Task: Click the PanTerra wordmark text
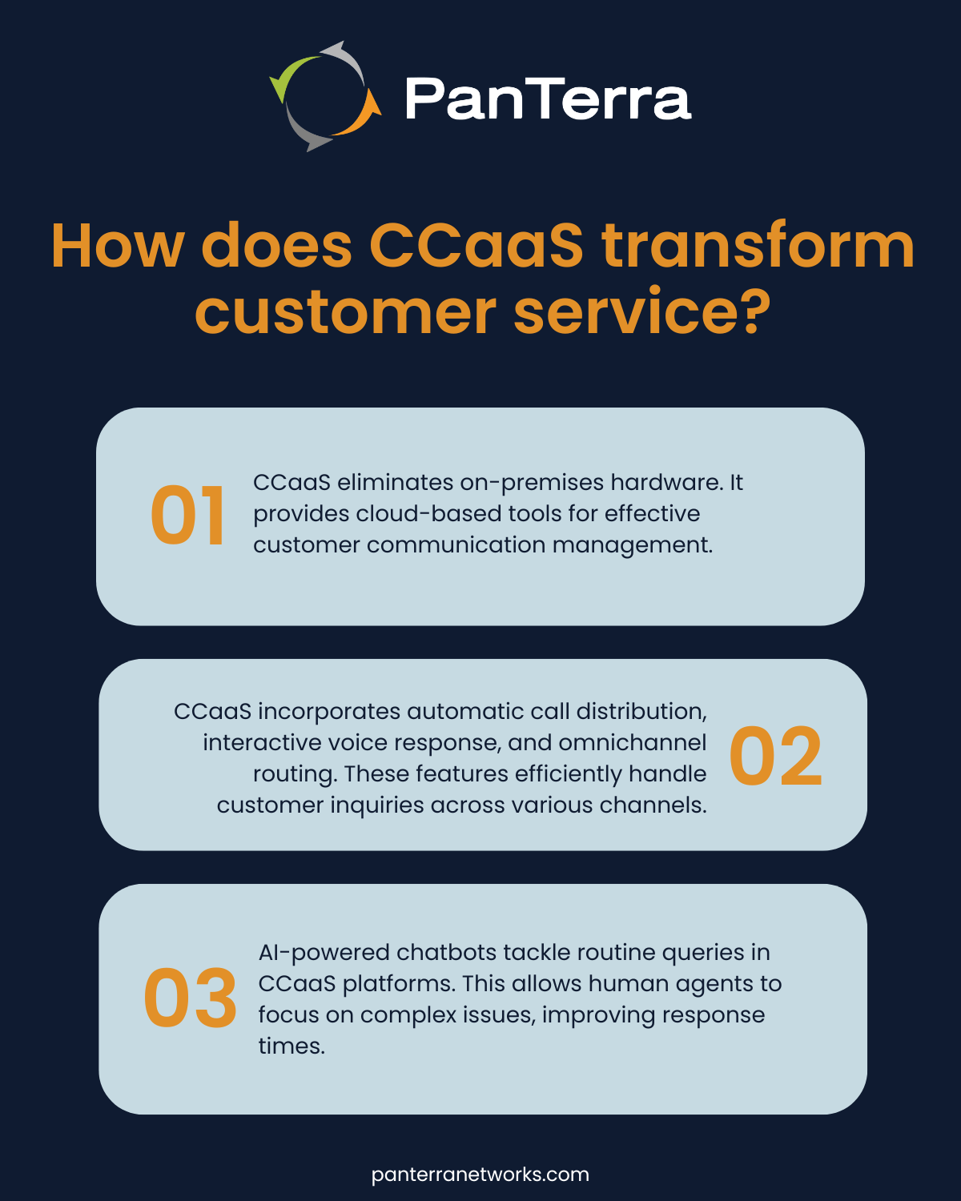click(x=548, y=98)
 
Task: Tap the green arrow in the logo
click(x=285, y=78)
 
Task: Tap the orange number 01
click(x=187, y=517)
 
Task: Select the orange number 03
click(x=191, y=999)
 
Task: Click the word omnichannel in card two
click(x=632, y=743)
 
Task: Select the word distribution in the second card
click(x=641, y=712)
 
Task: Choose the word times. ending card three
click(x=292, y=1046)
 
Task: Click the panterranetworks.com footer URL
click(x=480, y=1175)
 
